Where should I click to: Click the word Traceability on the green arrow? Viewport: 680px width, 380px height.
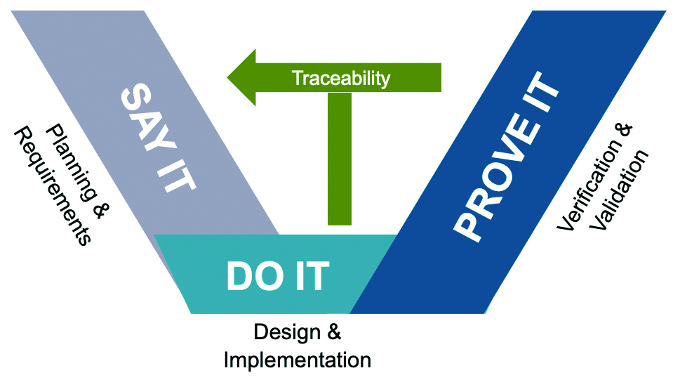point(341,78)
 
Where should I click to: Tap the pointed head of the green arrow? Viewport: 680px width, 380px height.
point(228,78)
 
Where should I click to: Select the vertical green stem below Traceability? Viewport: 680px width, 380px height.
point(340,159)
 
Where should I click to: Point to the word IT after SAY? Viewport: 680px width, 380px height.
point(177,177)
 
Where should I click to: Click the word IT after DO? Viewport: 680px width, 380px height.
point(312,276)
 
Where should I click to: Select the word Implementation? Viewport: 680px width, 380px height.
point(298,360)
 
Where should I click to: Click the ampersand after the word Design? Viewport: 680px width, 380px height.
point(334,332)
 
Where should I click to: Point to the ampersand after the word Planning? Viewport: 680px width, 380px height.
point(100,211)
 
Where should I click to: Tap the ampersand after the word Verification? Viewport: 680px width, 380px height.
point(625,131)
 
